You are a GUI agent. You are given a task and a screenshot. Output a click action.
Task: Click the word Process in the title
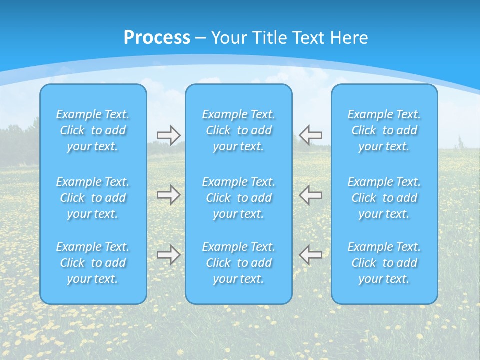click(x=157, y=38)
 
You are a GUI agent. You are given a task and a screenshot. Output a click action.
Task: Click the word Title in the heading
click(x=269, y=38)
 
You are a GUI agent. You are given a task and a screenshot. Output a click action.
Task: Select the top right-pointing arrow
click(x=168, y=135)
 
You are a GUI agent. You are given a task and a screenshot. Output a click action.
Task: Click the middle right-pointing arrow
click(x=168, y=195)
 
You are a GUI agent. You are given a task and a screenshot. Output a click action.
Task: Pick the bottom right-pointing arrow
click(x=168, y=254)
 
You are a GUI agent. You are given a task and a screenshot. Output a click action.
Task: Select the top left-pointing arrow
click(x=310, y=135)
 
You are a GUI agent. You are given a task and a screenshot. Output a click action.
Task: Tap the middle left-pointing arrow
click(x=310, y=195)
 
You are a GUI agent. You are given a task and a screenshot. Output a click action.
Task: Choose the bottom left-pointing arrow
click(x=310, y=254)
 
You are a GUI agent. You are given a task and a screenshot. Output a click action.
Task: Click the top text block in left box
click(x=93, y=130)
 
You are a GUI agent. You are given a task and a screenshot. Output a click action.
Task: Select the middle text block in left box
click(x=93, y=198)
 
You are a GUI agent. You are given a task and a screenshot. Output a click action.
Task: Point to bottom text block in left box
click(x=93, y=263)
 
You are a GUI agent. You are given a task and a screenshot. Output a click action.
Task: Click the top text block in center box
click(x=238, y=130)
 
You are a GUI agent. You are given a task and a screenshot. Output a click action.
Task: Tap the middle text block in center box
click(x=238, y=198)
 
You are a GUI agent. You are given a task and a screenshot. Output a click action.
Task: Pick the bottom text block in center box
click(x=238, y=263)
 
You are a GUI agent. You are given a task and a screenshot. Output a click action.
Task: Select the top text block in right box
click(x=384, y=130)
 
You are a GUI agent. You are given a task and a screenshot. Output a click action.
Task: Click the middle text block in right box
click(x=384, y=198)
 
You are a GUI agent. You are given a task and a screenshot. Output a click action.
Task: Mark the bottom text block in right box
click(x=384, y=263)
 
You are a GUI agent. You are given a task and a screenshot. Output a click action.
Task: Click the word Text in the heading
click(x=307, y=38)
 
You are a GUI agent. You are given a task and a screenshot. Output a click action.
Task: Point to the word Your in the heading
click(x=229, y=38)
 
